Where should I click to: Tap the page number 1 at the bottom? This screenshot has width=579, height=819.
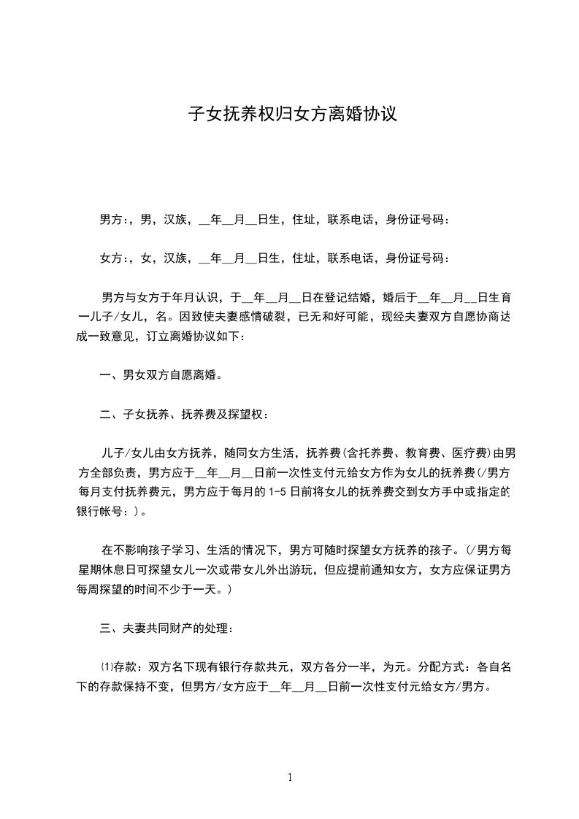coord(290,777)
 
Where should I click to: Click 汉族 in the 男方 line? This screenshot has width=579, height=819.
coord(175,218)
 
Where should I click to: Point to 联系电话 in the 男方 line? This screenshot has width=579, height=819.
coord(350,218)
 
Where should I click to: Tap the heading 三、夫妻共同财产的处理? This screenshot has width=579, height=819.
coord(167,627)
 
